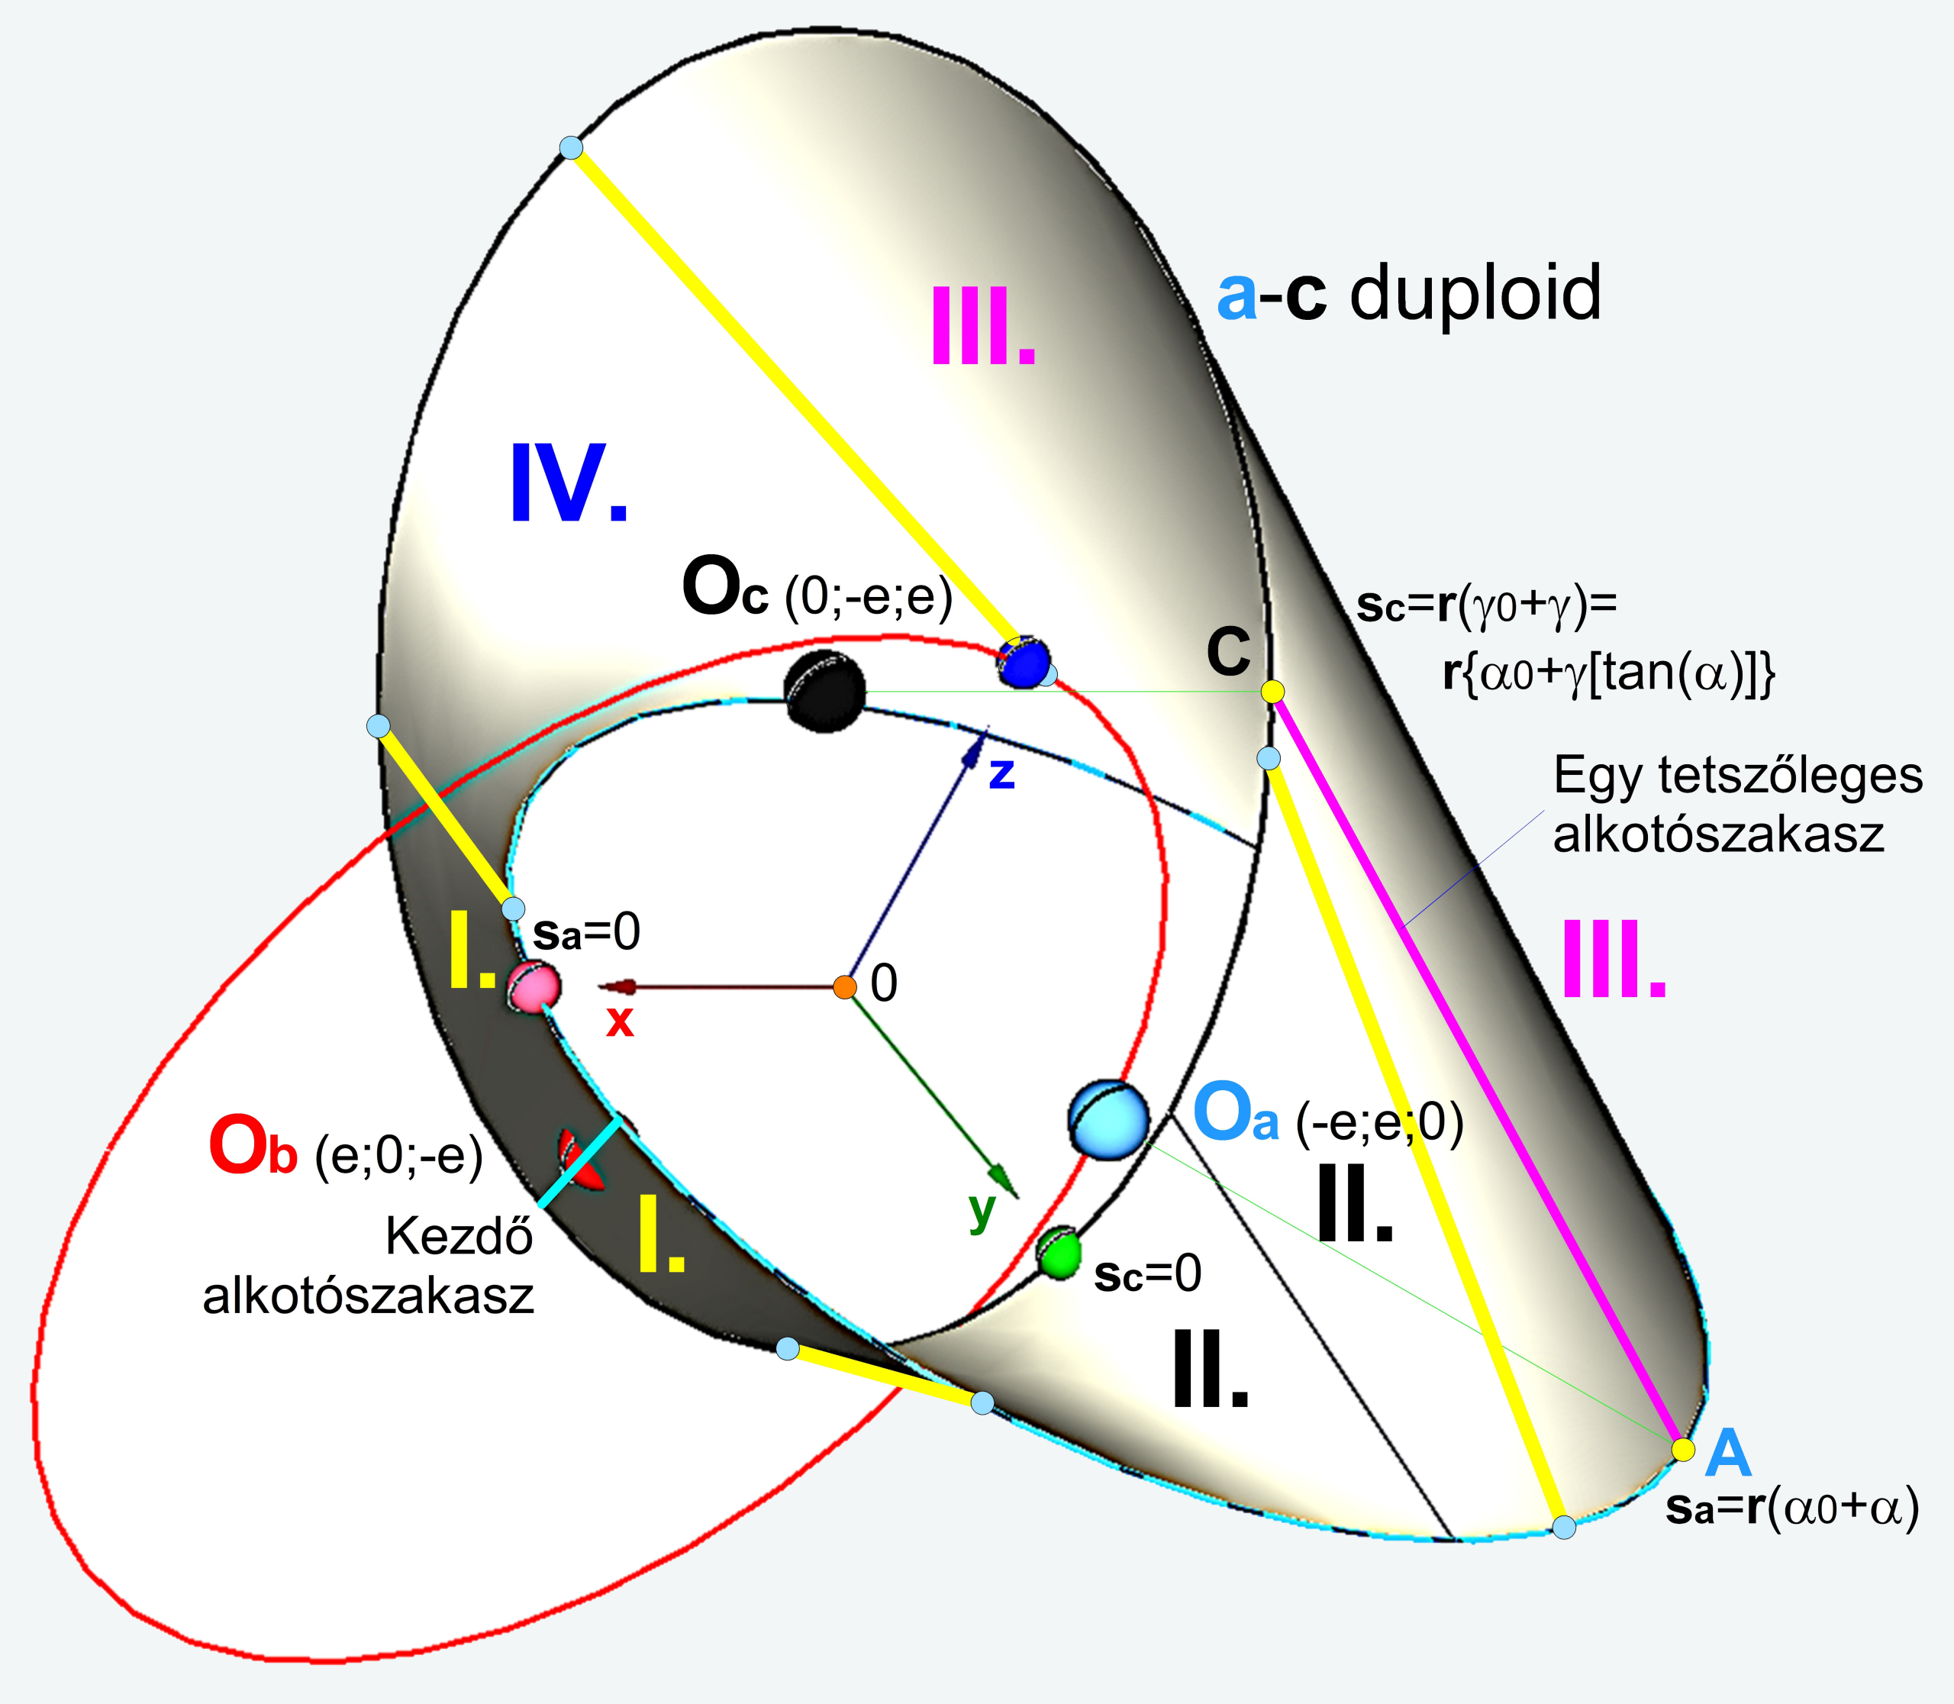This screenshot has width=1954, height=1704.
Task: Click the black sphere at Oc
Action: click(x=824, y=692)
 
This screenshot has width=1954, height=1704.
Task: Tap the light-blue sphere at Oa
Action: click(x=1108, y=1119)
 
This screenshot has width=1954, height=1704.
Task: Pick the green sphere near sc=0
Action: click(x=1059, y=1254)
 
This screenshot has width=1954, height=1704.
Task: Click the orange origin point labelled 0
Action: click(x=844, y=987)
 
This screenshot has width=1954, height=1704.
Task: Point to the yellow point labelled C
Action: click(x=1272, y=692)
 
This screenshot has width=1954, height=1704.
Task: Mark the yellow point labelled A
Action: click(x=1683, y=1449)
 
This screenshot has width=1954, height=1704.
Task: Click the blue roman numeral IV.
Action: click(x=569, y=485)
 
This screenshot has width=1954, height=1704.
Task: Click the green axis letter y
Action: click(x=982, y=1211)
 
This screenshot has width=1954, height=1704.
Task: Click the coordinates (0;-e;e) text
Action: click(x=868, y=599)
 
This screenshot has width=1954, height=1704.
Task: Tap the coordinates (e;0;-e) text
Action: click(x=398, y=1157)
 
